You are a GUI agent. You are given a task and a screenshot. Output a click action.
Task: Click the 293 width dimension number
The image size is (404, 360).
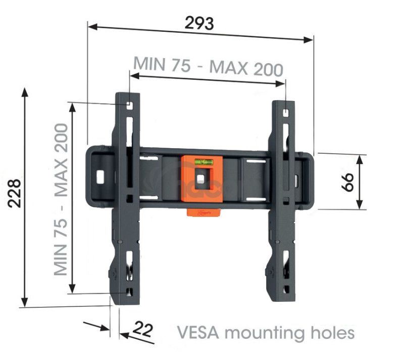click(x=199, y=23)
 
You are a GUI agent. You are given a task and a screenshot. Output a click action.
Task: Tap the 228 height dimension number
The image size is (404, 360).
click(x=14, y=193)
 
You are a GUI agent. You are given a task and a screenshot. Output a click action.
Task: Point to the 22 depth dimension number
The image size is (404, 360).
click(x=142, y=329)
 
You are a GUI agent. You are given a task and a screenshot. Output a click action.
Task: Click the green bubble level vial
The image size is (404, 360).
click(x=204, y=162)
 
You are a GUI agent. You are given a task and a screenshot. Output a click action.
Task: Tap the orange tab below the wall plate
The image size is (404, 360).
click(x=204, y=212)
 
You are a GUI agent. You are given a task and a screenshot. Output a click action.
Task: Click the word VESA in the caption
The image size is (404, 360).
click(x=198, y=333)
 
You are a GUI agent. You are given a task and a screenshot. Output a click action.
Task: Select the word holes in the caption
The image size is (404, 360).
click(x=333, y=332)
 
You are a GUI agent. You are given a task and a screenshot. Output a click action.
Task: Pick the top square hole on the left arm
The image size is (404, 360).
click(x=129, y=106)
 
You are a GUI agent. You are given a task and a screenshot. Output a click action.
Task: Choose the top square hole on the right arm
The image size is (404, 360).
click(x=286, y=113)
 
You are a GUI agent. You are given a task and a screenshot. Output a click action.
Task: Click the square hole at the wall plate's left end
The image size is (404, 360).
click(x=100, y=177)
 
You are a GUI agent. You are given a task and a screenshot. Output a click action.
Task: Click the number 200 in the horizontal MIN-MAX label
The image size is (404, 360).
click(x=269, y=69)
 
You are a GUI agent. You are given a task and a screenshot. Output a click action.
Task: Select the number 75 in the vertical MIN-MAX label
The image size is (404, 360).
click(x=61, y=229)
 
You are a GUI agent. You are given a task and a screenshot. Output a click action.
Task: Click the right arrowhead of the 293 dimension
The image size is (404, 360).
click(x=309, y=40)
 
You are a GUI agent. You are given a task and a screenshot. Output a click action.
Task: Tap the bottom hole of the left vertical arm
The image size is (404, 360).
click(x=129, y=291)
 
